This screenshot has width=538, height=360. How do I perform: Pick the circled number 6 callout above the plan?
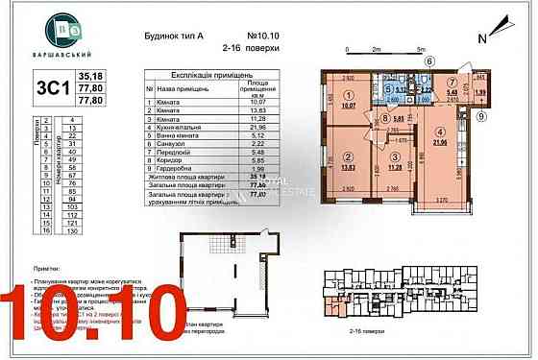click(x=429, y=60)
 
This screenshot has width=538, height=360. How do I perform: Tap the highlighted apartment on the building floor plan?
click(x=334, y=305)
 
